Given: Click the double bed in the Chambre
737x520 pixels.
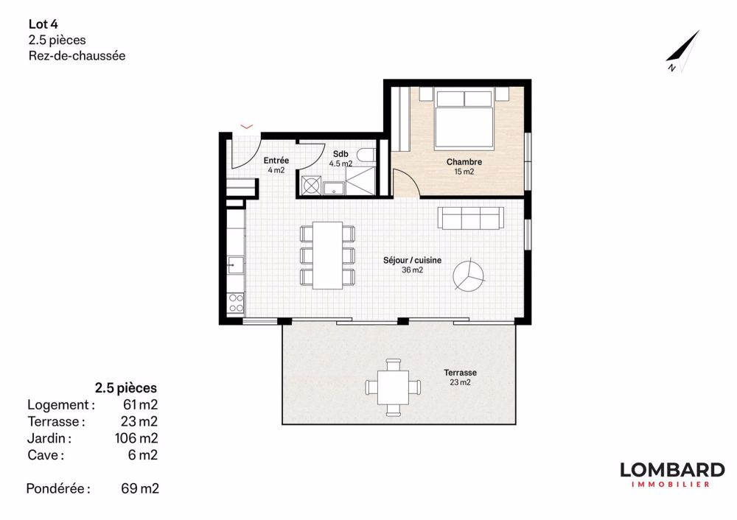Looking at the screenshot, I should coord(464,118).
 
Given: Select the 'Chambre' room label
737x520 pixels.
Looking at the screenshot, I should coord(464,162).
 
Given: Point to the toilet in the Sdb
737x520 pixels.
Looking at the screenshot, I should coord(368,155).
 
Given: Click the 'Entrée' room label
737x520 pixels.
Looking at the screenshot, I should coord(276,161).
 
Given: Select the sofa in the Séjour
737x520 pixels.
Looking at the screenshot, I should coord(471,218).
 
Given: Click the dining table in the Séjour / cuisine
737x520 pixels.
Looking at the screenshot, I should coord(327,255).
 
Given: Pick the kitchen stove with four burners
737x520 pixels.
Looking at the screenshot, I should coord(236,302).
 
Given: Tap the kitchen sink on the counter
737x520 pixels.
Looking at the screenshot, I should coord(234,262).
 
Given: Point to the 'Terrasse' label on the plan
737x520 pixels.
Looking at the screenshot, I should coord(459,373).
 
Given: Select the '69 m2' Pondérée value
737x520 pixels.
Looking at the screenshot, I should coord(139,488).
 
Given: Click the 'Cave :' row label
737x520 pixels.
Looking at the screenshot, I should coord(46,455).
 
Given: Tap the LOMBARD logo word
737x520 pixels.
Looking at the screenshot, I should coord(671,470).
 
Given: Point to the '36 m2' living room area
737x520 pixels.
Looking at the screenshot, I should coord(412,270).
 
